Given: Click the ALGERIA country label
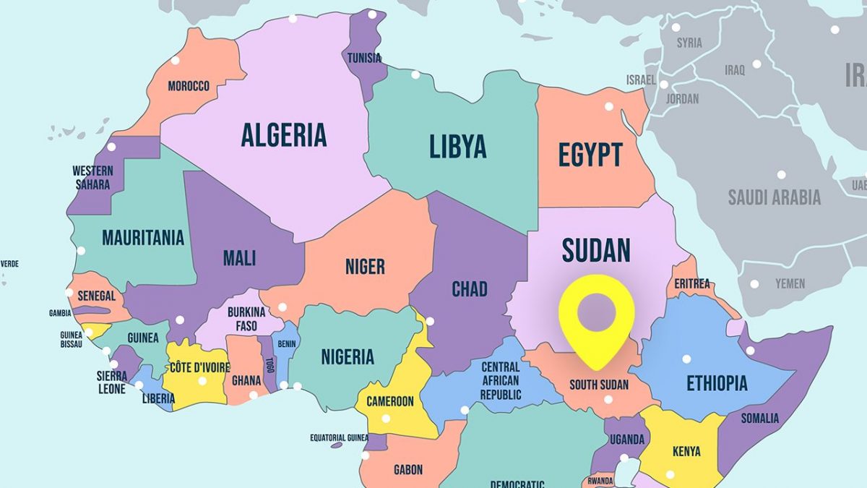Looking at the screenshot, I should coord(283,135).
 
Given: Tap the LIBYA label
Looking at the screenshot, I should coord(457,147).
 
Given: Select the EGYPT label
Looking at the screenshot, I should coord(590,155).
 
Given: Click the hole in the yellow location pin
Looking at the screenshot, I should coord(597,312).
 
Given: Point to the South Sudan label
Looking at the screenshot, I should coord(598,385).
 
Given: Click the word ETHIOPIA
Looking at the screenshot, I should coord(716,383).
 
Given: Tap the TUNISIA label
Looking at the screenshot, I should coord(364,58).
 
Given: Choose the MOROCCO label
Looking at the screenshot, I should coord(189,86).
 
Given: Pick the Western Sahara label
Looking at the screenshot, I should coord(92,178).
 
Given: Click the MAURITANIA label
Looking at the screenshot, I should coord(142,238).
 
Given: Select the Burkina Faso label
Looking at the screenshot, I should coord(246,319).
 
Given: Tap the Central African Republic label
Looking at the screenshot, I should coord(501,381).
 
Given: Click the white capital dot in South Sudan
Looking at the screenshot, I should coord(608,399).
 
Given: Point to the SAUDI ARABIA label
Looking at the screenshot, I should coord(774,197).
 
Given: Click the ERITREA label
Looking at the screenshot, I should coord(691,284).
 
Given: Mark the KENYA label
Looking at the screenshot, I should coord(686,451).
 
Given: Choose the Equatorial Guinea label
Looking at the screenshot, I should coord(339,437).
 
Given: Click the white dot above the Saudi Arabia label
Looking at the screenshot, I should coord(781,175).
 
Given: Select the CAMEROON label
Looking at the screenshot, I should coord(389,401).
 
